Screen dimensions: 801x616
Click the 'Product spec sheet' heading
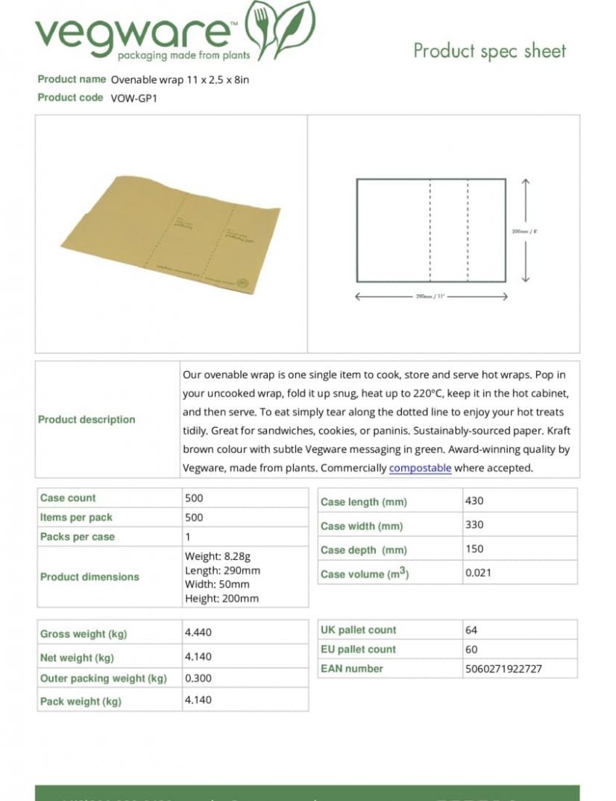click(x=490, y=51)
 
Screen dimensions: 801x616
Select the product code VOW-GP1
click(x=134, y=98)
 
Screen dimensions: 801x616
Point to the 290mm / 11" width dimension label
click(x=431, y=297)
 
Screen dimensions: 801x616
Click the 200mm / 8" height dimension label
click(x=524, y=231)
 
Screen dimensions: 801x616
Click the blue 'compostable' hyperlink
click(x=420, y=468)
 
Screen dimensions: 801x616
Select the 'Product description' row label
click(x=87, y=420)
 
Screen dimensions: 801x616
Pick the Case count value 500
click(x=194, y=498)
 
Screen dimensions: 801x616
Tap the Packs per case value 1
click(x=188, y=537)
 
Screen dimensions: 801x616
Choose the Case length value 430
click(x=474, y=501)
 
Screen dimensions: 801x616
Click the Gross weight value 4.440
click(x=198, y=632)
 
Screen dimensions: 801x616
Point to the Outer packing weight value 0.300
click(x=198, y=678)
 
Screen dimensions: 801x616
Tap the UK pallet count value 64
click(x=471, y=630)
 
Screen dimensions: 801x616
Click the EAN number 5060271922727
click(x=503, y=669)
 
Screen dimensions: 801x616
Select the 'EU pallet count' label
click(x=358, y=649)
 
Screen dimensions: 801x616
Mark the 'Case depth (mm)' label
click(x=363, y=550)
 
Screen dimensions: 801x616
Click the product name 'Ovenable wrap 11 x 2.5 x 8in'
click(x=180, y=80)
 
